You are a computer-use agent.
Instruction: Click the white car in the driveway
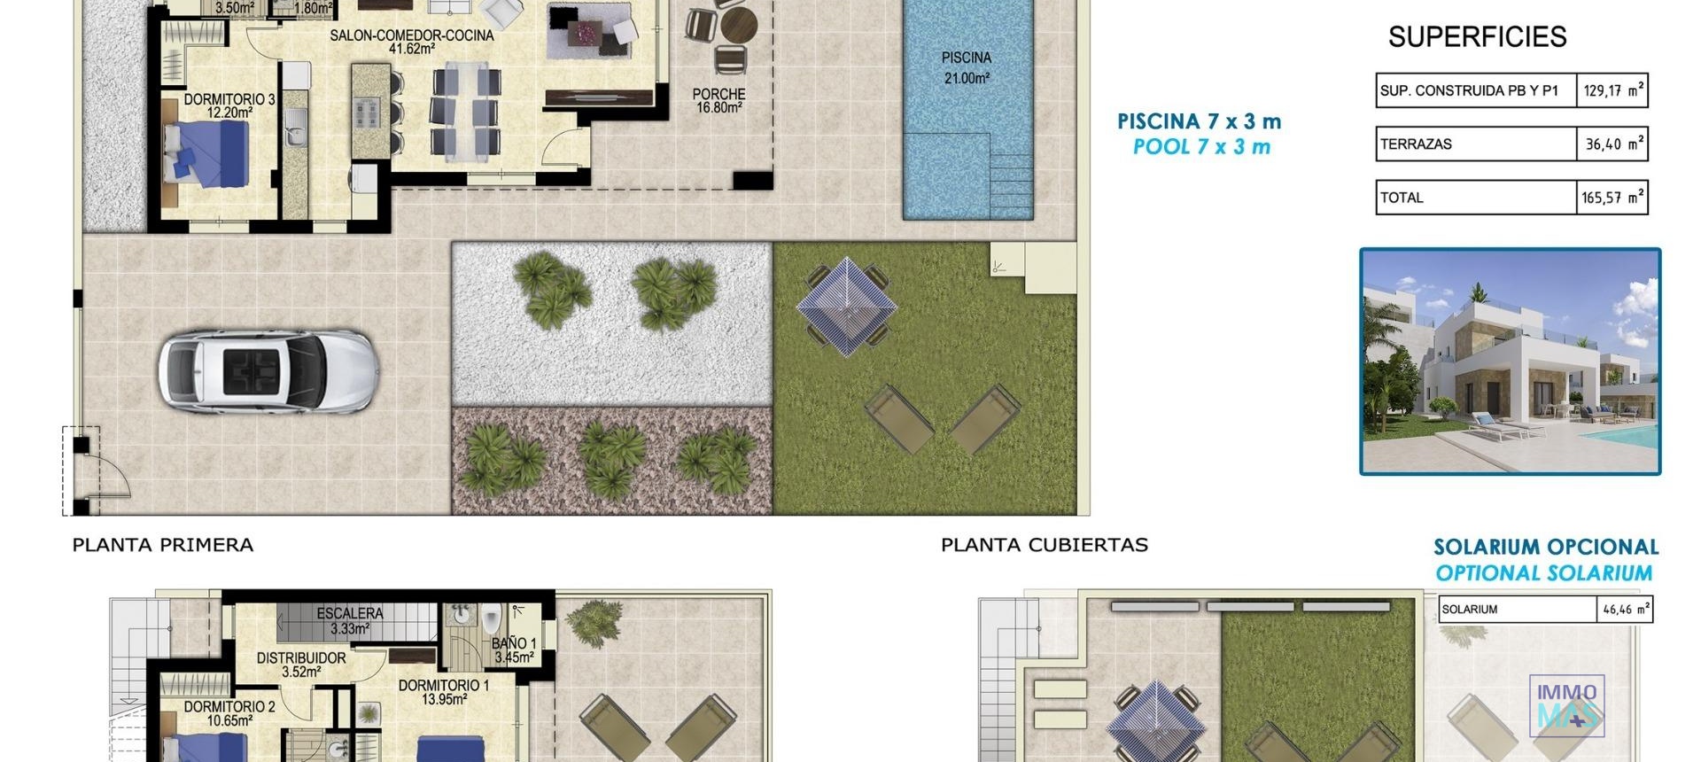[x=268, y=370]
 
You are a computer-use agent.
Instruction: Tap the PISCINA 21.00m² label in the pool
[x=966, y=68]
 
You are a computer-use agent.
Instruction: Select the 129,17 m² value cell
[x=1612, y=90]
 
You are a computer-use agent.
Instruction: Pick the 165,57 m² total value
[x=1612, y=198]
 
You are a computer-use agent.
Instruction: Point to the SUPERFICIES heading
[x=1477, y=37]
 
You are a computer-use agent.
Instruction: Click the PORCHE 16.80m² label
[x=718, y=101]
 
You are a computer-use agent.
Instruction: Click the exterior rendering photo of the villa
[x=1510, y=362]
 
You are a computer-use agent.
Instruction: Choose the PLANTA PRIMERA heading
[x=163, y=545]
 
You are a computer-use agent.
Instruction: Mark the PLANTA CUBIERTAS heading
[x=1045, y=545]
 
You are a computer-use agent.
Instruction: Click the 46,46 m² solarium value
[x=1626, y=610]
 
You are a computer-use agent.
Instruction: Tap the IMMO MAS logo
[x=1566, y=705]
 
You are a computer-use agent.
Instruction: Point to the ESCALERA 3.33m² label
[x=350, y=620]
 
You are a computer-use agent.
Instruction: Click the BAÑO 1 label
[x=514, y=650]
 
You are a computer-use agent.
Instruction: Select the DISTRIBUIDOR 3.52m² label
[x=301, y=665]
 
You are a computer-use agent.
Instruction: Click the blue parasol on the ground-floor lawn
[x=846, y=306]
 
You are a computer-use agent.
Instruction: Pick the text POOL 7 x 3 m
[x=1201, y=147]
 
